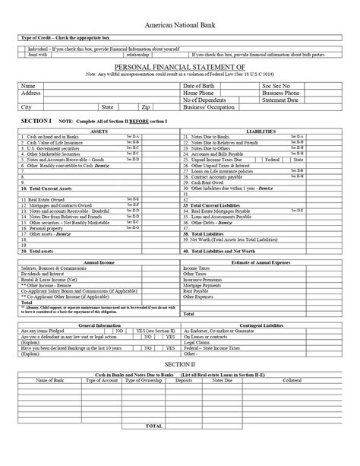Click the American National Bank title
pos(180,24)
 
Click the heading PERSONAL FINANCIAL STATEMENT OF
pos(180,67)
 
